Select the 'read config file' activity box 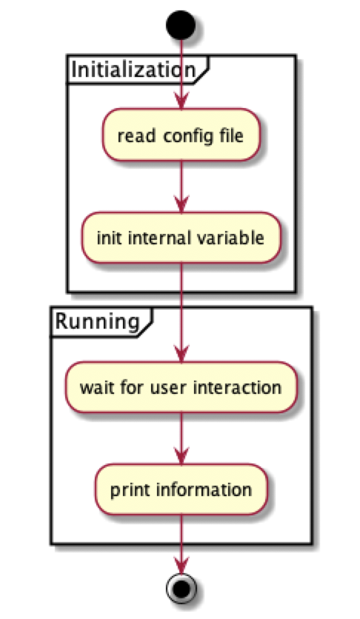[x=181, y=135]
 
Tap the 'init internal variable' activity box [x=181, y=238]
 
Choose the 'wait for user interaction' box [x=181, y=387]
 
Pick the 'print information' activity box [x=181, y=489]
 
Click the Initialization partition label [x=133, y=70]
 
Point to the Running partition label [x=99, y=321]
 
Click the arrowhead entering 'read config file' [x=181, y=101]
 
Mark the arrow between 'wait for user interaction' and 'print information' [x=181, y=438]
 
